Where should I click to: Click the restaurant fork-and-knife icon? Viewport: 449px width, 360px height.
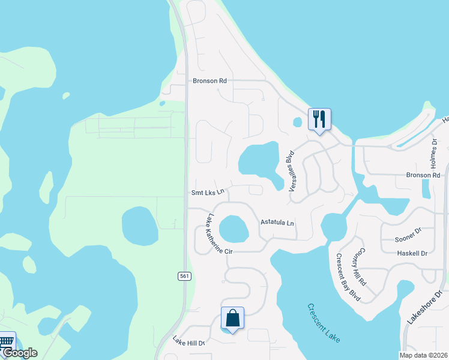319,119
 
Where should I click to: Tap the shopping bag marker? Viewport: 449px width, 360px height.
232,319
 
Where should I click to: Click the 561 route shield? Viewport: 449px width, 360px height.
184,275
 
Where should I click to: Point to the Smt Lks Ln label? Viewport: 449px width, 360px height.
208,193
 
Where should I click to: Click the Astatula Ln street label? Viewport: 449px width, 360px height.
277,222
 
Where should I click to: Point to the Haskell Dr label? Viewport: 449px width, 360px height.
412,253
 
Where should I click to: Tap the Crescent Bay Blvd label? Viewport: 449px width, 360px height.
347,277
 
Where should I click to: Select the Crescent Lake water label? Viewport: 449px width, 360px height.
324,323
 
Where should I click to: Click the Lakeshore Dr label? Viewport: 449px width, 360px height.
420,305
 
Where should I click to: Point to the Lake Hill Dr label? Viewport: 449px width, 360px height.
189,343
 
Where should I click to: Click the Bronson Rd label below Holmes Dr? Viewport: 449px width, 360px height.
427,175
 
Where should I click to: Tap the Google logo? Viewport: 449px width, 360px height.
19,353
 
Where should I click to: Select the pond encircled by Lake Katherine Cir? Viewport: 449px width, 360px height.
234,229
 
